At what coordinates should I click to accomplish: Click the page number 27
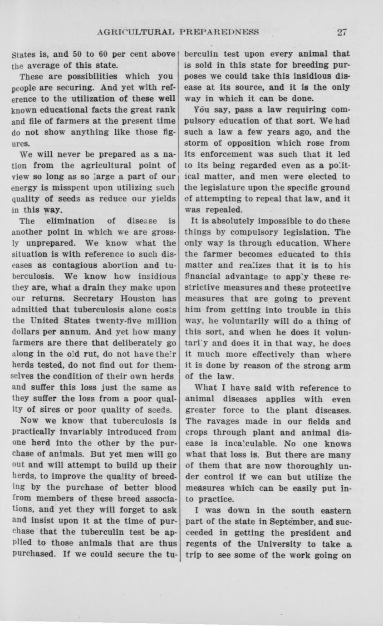[342, 32]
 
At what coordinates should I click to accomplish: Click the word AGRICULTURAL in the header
[138, 32]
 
